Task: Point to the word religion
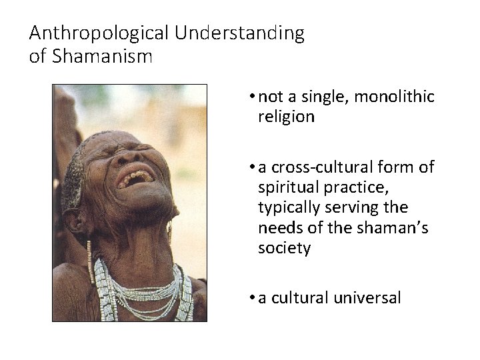coord(286,117)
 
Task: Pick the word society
coord(284,249)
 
